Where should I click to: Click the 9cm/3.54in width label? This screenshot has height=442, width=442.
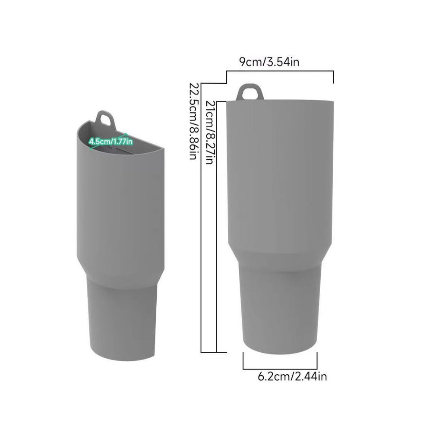click(x=269, y=62)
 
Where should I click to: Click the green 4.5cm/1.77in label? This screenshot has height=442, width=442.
click(x=110, y=141)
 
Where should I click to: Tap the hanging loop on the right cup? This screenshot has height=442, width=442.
click(x=250, y=92)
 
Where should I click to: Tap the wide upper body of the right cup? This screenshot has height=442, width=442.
click(x=280, y=173)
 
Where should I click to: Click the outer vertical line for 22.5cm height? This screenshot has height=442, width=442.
click(x=202, y=216)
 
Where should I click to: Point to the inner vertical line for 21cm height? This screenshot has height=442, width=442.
click(x=216, y=224)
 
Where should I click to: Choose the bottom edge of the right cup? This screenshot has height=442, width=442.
click(x=280, y=352)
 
